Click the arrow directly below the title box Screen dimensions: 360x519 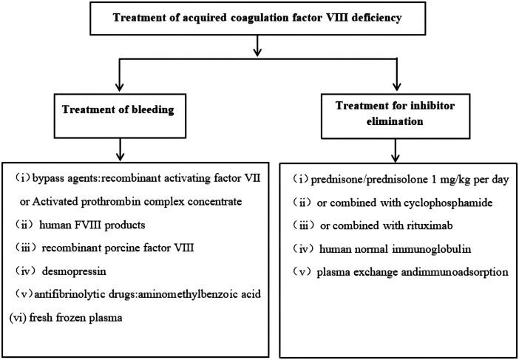pyautogui.click(x=257, y=47)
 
